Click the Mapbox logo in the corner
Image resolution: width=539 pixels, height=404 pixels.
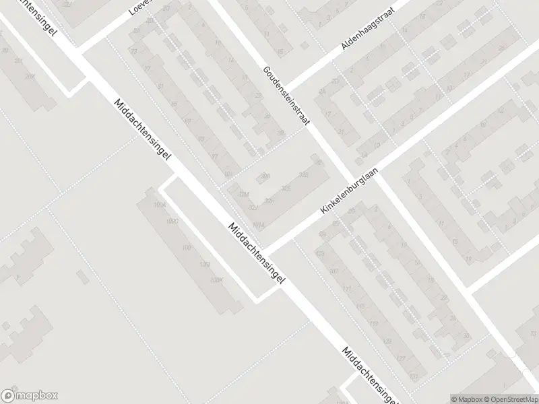coord(29,396)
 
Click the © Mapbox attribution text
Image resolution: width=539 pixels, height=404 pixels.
coord(466,399)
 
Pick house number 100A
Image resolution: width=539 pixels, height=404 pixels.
coord(160,205)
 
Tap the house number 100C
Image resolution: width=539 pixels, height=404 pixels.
coord(173,220)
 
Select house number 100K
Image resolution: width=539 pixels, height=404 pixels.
coord(216,280)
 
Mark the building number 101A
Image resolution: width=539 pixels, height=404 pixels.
coord(259,225)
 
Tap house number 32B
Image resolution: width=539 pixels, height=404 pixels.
coord(303,175)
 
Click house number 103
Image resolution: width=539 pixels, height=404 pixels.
coord(320,254)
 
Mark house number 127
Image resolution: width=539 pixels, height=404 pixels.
coord(402,358)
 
